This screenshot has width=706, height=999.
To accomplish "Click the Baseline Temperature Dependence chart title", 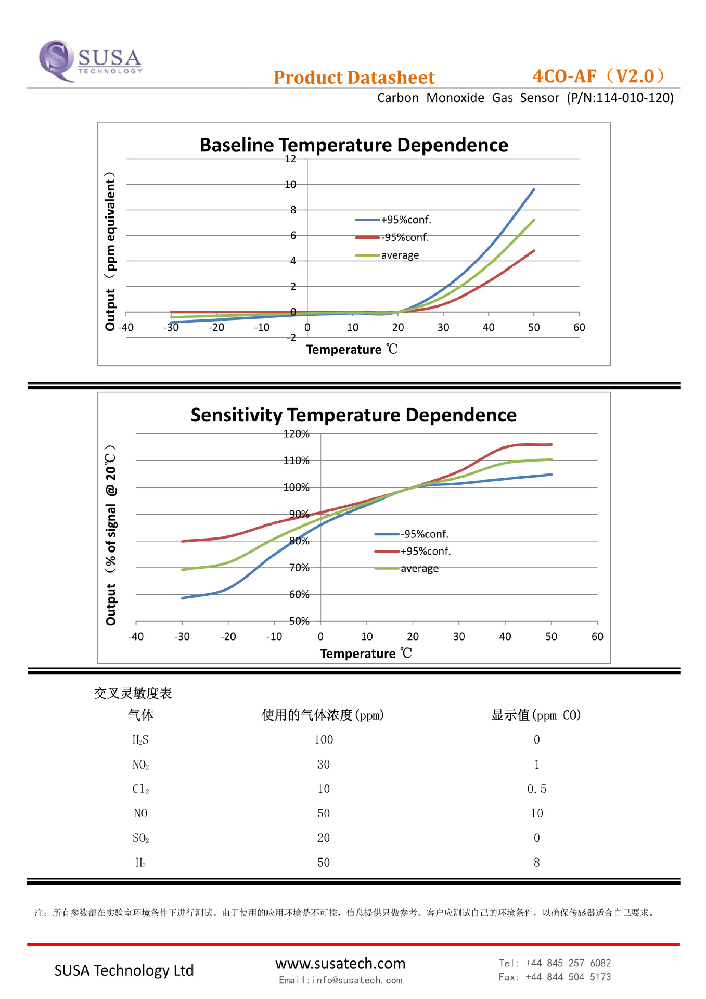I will pyautogui.click(x=354, y=145).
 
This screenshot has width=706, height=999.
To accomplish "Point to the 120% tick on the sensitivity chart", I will pyautogui.click(x=296, y=434).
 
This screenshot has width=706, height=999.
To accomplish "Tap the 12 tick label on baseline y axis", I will pyautogui.click(x=290, y=159).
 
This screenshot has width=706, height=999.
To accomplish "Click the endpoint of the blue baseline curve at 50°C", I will pyautogui.click(x=534, y=190).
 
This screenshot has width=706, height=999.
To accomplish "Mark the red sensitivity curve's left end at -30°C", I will pyautogui.click(x=183, y=541).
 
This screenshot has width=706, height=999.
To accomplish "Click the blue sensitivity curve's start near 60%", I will pyautogui.click(x=183, y=598).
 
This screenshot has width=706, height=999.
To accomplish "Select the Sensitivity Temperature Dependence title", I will pyautogui.click(x=354, y=415).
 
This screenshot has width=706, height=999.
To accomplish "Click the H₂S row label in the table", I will pyautogui.click(x=140, y=740).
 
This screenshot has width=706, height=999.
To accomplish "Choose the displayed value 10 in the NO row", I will pyautogui.click(x=537, y=813).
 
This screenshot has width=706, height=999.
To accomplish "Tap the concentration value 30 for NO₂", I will pyautogui.click(x=324, y=764).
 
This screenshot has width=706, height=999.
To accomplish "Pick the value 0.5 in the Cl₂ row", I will pyautogui.click(x=537, y=789).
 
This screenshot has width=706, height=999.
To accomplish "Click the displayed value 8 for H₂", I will pyautogui.click(x=537, y=863).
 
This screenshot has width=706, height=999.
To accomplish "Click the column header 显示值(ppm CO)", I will pyautogui.click(x=536, y=715).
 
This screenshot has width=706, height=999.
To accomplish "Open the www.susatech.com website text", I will pyautogui.click(x=340, y=964).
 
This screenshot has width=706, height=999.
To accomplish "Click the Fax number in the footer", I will pyautogui.click(x=568, y=977).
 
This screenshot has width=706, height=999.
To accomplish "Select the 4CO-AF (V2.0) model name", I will pyautogui.click(x=598, y=76).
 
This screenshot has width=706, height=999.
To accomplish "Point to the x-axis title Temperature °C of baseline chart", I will pyautogui.click(x=352, y=350).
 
